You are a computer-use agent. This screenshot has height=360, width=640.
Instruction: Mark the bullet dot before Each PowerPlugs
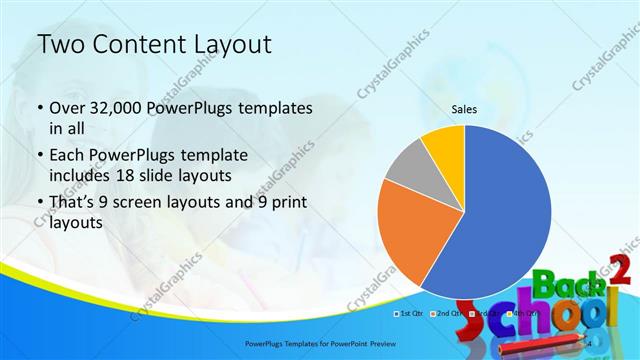coord(39,155)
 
